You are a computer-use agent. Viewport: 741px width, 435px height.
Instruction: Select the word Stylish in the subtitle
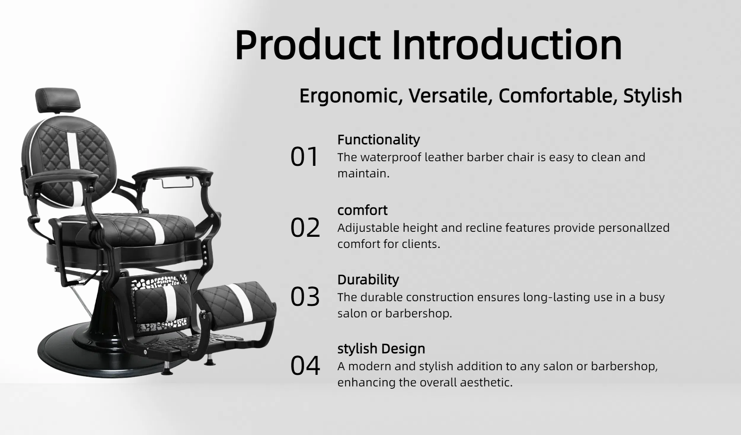pyautogui.click(x=653, y=96)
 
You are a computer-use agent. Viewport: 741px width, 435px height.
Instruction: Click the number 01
pyautogui.click(x=305, y=157)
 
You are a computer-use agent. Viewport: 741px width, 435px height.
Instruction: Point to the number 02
pyautogui.click(x=305, y=228)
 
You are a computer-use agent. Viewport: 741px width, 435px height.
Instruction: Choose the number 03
pyautogui.click(x=305, y=297)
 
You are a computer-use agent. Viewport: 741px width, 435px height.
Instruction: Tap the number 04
pyautogui.click(x=305, y=366)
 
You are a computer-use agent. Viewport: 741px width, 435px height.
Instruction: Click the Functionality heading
pyautogui.click(x=379, y=140)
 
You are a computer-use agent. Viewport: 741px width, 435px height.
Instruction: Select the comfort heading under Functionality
pyautogui.click(x=362, y=211)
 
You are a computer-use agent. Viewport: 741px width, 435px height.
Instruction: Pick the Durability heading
pyautogui.click(x=368, y=280)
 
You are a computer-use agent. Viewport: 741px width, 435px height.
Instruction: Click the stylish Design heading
pyautogui.click(x=381, y=349)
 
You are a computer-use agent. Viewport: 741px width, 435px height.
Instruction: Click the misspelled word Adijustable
pyautogui.click(x=368, y=228)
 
